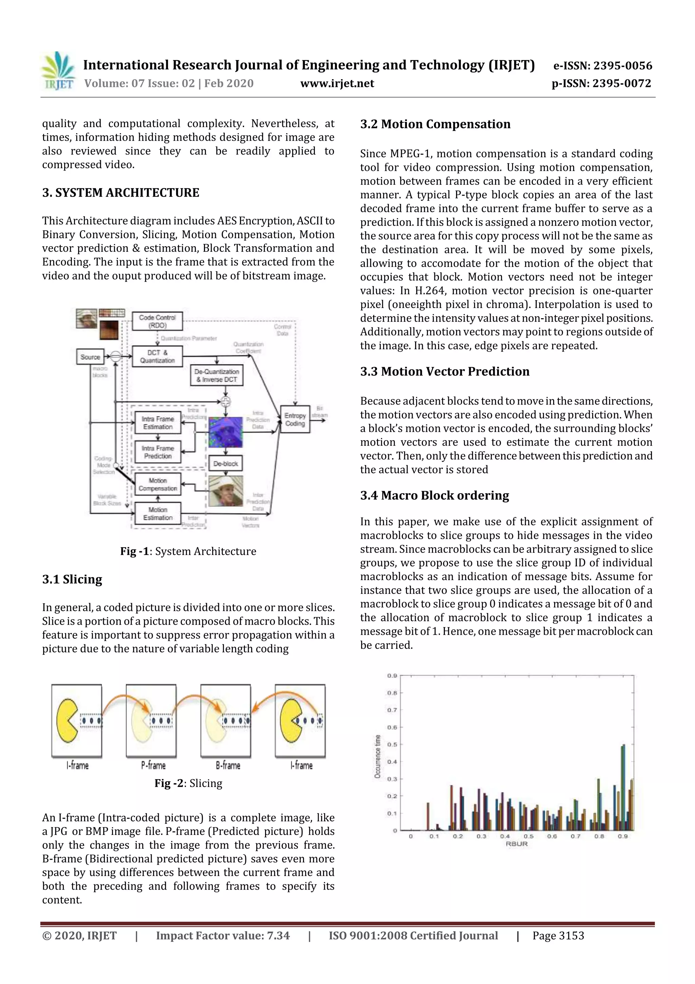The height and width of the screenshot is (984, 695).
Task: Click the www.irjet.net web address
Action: pyautogui.click(x=337, y=84)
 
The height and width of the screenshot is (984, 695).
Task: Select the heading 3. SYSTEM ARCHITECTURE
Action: pyautogui.click(x=120, y=193)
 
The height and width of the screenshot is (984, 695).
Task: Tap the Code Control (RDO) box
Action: pyautogui.click(x=157, y=321)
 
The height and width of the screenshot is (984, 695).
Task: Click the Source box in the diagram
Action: pyautogui.click(x=90, y=357)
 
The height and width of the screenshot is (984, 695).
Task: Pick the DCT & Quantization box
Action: pyautogui.click(x=157, y=357)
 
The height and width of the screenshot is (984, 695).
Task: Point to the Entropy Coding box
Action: pyautogui.click(x=295, y=419)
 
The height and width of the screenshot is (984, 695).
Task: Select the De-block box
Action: pyautogui.click(x=226, y=464)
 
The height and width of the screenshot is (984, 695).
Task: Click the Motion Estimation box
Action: pyautogui.click(x=157, y=514)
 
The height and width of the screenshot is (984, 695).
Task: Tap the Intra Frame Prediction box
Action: pyautogui.click(x=157, y=452)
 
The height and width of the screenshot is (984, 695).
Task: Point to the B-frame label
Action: pyautogui.click(x=228, y=766)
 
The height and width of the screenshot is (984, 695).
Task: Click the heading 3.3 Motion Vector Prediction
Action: pyautogui.click(x=445, y=372)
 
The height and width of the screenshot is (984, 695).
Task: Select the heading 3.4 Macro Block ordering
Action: pyautogui.click(x=434, y=496)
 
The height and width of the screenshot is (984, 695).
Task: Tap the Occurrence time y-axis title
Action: pyautogui.click(x=377, y=756)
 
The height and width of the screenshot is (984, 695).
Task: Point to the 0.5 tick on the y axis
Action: pyautogui.click(x=392, y=745)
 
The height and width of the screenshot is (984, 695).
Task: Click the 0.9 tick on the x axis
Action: pyautogui.click(x=623, y=836)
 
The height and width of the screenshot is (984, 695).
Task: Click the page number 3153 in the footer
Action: pyautogui.click(x=558, y=935)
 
